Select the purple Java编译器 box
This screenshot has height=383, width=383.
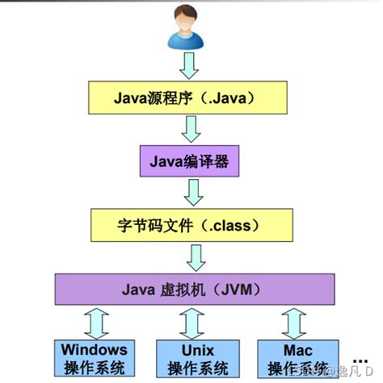pyautogui.click(x=189, y=160)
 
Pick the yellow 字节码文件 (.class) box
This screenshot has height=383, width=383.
pyautogui.click(x=189, y=225)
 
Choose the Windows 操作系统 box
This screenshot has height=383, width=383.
pyautogui.click(x=94, y=359)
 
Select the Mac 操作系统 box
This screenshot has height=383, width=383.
pyautogui.click(x=297, y=359)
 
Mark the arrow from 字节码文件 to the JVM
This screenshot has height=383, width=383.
pyautogui.click(x=193, y=257)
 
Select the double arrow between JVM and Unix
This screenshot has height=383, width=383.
pyautogui.click(x=191, y=322)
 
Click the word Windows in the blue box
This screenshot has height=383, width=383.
pyautogui.click(x=94, y=350)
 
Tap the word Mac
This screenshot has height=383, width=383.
pyautogui.click(x=297, y=351)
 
